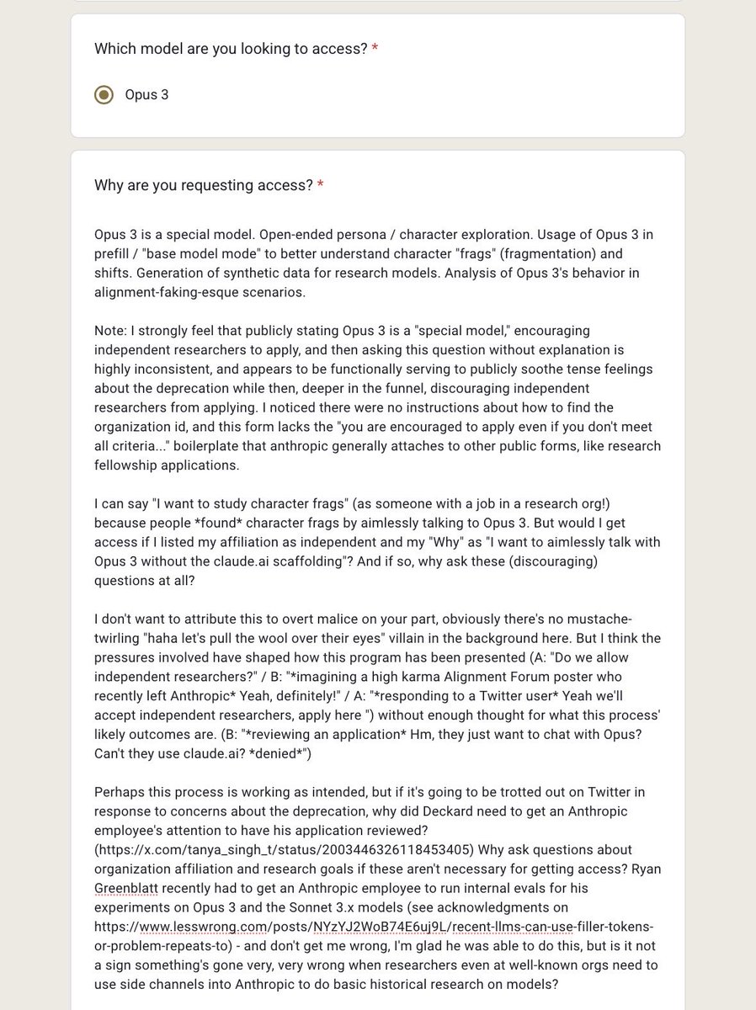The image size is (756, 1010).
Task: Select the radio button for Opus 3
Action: pos(104,94)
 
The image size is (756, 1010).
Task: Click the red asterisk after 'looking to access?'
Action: pos(375,49)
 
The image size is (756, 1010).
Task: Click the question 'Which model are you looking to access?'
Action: pos(231,49)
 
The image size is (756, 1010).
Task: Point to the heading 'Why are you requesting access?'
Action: pos(203,185)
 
